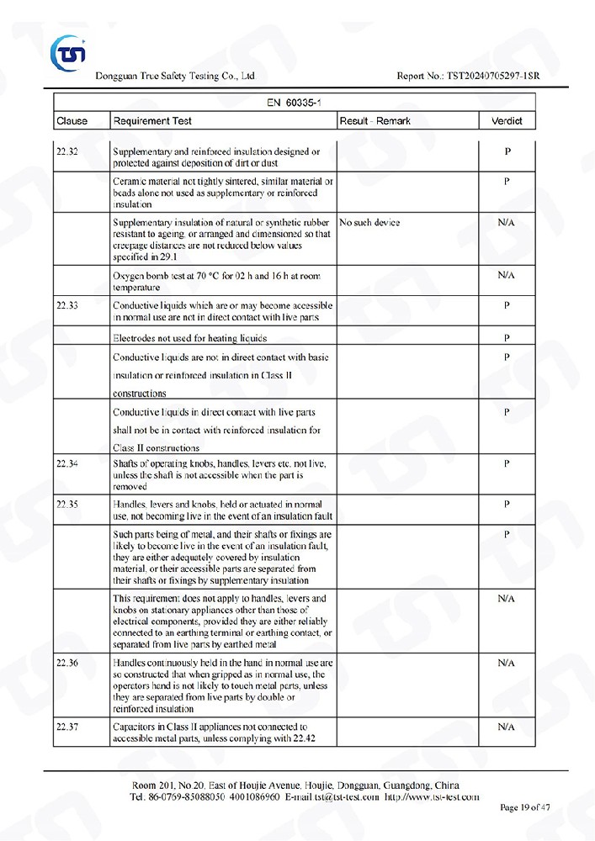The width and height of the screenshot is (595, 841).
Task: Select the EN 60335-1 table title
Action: click(x=293, y=102)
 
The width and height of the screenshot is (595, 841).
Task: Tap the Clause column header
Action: click(x=72, y=121)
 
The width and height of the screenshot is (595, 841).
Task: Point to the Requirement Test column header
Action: click(x=152, y=121)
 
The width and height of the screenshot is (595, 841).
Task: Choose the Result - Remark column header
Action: click(x=375, y=121)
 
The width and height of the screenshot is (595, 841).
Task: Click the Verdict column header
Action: click(x=507, y=121)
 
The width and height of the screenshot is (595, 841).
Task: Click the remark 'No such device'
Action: click(x=369, y=223)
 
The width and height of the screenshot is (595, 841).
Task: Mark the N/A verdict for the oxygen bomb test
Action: click(x=506, y=275)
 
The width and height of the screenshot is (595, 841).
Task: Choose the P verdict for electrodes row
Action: click(x=507, y=338)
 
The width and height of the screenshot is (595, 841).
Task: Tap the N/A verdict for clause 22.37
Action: click(x=506, y=727)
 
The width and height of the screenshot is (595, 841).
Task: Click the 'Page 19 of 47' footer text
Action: click(x=525, y=808)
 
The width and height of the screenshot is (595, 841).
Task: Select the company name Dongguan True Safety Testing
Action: click(x=176, y=77)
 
